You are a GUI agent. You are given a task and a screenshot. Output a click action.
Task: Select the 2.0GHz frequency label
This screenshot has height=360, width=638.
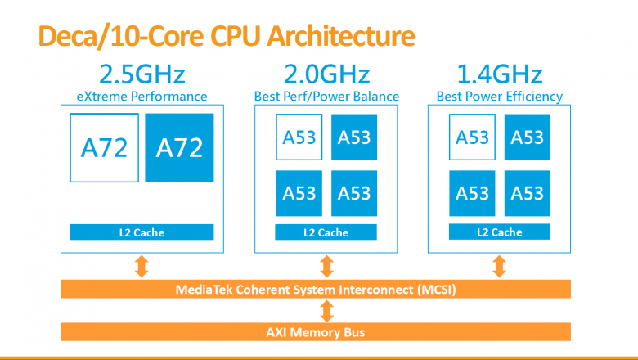[x=326, y=74]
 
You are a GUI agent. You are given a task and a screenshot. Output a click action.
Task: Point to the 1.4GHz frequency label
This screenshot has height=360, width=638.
[x=499, y=74]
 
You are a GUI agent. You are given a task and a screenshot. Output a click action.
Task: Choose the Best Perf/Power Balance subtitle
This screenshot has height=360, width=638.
[x=326, y=97]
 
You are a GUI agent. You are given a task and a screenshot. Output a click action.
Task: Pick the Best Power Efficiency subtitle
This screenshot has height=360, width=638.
[x=499, y=97]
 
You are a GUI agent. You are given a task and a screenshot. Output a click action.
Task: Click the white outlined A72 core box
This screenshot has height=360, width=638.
[x=104, y=147]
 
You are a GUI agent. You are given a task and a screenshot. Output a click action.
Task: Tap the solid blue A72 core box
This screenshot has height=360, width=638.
[x=179, y=147]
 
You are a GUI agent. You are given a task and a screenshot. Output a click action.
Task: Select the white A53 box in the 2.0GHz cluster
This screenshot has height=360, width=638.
[x=299, y=137]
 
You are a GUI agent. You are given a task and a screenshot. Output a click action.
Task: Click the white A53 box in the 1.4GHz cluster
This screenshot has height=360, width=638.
[x=472, y=137]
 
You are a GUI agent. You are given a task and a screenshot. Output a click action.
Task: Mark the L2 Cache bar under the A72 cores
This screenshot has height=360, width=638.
[x=142, y=232]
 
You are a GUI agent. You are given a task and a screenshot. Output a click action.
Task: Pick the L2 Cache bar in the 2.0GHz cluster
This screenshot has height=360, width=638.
[x=326, y=232]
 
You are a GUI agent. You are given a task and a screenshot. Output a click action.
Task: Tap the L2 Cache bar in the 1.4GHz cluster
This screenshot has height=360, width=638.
[x=499, y=232]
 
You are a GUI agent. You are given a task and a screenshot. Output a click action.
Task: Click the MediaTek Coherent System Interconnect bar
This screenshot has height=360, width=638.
[x=316, y=290]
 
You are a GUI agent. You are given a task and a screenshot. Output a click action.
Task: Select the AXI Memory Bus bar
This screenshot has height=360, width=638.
[x=316, y=332]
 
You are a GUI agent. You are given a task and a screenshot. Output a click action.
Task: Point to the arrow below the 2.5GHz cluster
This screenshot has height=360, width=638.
[x=142, y=265]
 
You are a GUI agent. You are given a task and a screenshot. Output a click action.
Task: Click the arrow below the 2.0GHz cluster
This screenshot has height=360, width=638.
[x=326, y=265]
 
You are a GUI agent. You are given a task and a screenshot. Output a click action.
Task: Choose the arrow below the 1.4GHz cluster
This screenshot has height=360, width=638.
[x=499, y=265]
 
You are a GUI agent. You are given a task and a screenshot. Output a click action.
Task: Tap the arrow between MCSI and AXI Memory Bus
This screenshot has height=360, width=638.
[x=326, y=311]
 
